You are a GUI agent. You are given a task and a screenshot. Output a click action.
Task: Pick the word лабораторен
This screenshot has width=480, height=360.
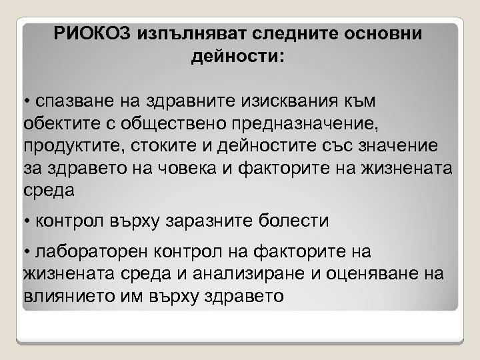click(81, 251)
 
